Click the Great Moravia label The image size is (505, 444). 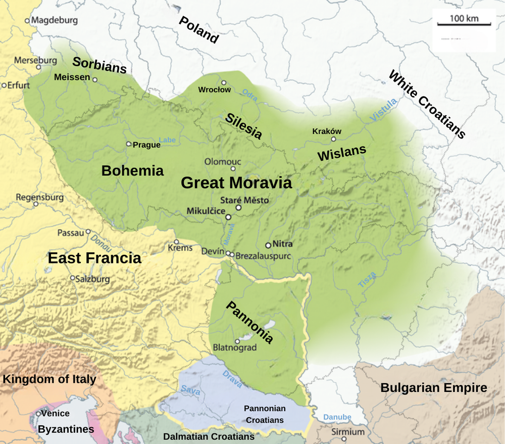coord(236,183)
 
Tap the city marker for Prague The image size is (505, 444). coord(129,144)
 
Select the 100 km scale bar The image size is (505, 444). coord(464,24)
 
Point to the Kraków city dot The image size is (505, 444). coord(333,139)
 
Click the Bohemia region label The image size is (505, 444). coord(132,171)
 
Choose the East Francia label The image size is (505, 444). coord(94,258)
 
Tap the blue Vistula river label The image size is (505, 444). coord(383,110)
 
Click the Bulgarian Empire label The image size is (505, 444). coord(433,388)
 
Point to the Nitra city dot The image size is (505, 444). coord(268,245)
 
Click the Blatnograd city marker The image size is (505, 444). coord(237,341)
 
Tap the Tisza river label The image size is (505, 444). coord(367,280)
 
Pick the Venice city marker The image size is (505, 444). coord(38,414)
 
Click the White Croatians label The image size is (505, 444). coord(427,104)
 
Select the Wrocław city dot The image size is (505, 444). coord(224,82)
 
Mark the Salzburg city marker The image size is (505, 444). coord(72,278)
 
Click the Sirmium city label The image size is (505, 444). coord(348,432)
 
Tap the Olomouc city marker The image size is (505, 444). coord(233,169)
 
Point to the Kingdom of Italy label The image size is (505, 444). coord(49,379)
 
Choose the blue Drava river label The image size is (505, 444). coord(232,379)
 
